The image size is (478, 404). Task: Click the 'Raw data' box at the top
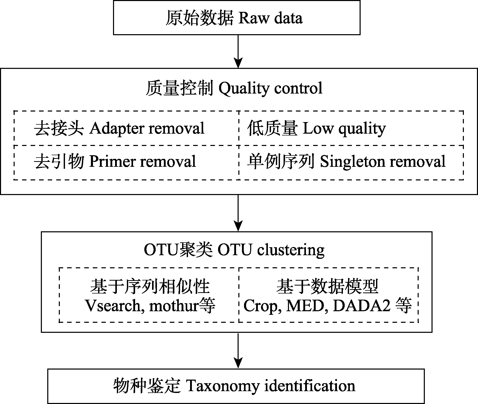pos(237,18)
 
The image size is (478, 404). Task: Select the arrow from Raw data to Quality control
pos(238,51)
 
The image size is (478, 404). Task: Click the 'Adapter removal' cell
pos(126,128)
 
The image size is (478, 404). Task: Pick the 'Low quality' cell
pos(351,128)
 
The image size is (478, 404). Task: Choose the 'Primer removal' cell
pos(126,162)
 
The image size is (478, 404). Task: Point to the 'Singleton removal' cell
pos(351,162)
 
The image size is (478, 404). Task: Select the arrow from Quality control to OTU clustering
pos(238,213)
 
